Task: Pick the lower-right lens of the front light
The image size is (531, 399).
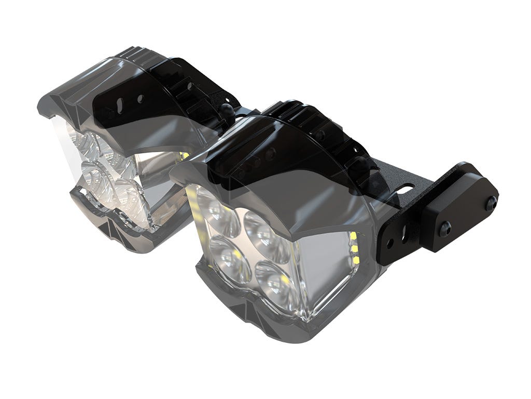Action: click(274, 279)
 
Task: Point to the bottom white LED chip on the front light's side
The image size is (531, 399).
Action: click(356, 258)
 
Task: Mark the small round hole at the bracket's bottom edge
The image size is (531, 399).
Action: click(389, 243)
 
